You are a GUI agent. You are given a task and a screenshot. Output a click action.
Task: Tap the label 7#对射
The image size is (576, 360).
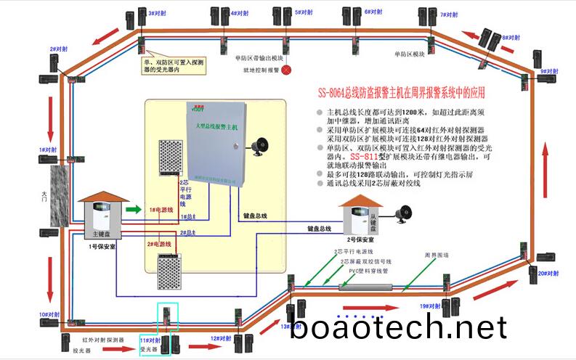(x=451, y=14)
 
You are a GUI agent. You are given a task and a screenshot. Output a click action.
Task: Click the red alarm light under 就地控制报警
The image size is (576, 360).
(x=286, y=70)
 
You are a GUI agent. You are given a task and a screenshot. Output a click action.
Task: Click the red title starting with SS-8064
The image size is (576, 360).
(x=400, y=93)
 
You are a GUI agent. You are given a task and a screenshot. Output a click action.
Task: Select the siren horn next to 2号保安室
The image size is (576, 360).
(x=401, y=215)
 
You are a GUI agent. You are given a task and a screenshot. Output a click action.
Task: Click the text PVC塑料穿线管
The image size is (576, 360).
(x=369, y=271)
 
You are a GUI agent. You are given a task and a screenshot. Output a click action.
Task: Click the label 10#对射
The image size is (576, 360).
(x=49, y=315)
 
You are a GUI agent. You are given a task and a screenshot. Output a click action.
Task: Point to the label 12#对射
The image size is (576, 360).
(x=221, y=338)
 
